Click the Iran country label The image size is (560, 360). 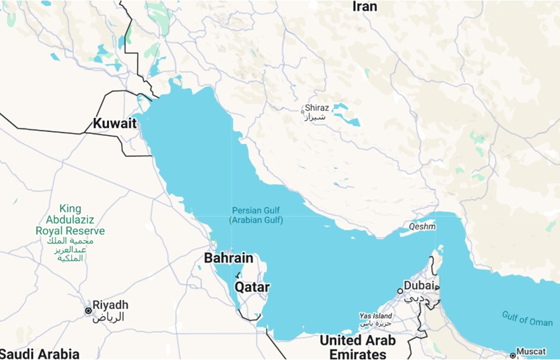[364, 6]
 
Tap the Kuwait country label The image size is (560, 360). [114, 124]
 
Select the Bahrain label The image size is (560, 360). [229, 258]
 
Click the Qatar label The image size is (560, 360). [252, 287]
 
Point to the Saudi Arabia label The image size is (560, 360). [40, 353]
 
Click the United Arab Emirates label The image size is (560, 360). [357, 347]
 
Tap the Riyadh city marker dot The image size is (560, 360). [88, 311]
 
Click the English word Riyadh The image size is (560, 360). [110, 305]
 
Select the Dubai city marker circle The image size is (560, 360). [400, 291]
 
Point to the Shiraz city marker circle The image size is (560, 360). [302, 111]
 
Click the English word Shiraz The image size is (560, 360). [317, 108]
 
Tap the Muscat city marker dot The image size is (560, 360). [513, 354]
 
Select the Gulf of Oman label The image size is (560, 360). [527, 318]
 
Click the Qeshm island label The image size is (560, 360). [422, 227]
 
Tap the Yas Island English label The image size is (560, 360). [376, 316]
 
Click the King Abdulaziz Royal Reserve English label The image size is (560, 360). [70, 220]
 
